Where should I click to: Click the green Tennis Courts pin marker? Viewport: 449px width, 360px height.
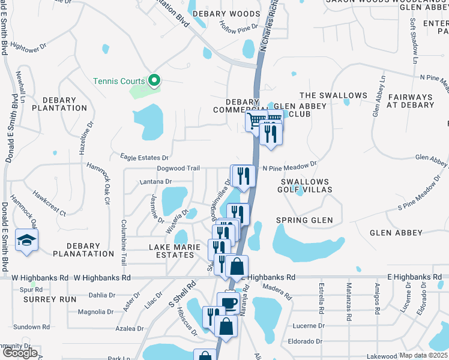(154, 80)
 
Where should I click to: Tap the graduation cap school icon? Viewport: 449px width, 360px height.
(26, 241)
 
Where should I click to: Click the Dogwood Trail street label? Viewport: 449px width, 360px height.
(178, 169)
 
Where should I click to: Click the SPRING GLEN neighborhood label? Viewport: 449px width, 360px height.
(304, 220)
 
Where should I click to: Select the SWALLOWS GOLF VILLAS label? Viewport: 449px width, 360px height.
(304, 185)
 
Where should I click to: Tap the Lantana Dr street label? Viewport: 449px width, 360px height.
(155, 181)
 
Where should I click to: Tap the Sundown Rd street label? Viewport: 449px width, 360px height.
(32, 327)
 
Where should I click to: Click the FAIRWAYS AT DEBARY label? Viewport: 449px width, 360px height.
(411, 100)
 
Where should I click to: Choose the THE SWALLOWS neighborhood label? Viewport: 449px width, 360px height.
(333, 95)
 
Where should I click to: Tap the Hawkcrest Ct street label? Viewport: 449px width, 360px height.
(49, 203)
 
